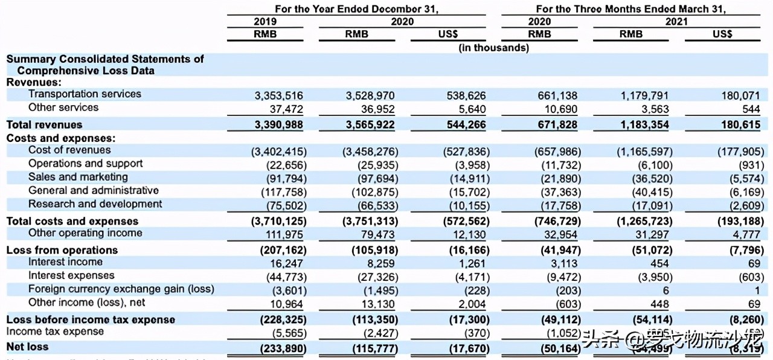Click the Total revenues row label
click(44, 124)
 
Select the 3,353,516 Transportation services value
click(278, 95)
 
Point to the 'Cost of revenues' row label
click(69, 150)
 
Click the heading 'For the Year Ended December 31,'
click(356, 9)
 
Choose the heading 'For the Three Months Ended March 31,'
click(630, 9)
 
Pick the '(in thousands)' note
click(493, 48)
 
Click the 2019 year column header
click(265, 22)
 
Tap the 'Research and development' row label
click(95, 204)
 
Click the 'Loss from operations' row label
click(62, 250)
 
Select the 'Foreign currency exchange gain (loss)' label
click(121, 289)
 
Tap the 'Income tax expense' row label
click(55, 332)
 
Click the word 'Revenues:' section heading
click(34, 82)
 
